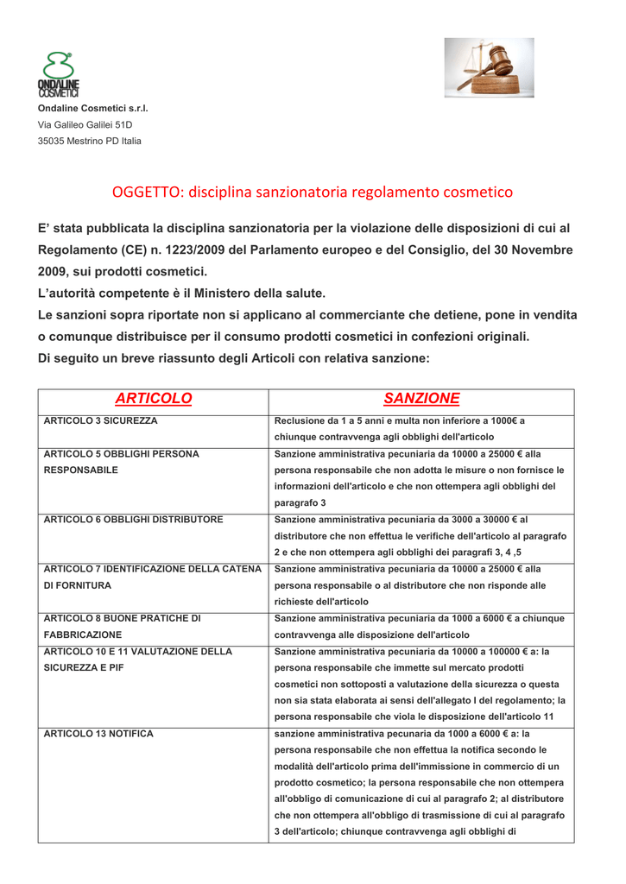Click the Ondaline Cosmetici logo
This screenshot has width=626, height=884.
click(x=58, y=75)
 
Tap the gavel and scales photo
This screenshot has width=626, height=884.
click(x=489, y=67)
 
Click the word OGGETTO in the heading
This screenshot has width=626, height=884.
click(x=149, y=192)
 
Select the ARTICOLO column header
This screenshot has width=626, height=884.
click(x=153, y=398)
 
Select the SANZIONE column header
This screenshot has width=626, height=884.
click(x=421, y=398)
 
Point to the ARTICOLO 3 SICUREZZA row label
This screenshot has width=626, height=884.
click(x=100, y=420)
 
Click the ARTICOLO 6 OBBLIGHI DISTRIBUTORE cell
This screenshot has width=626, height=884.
click(x=133, y=520)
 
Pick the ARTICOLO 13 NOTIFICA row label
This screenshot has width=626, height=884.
click(x=98, y=734)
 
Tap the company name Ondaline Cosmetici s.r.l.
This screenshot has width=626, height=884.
click(x=92, y=109)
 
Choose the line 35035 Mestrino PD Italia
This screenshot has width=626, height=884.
click(x=89, y=141)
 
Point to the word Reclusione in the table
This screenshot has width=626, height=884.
click(x=302, y=420)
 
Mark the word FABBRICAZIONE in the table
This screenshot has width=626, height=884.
click(x=83, y=635)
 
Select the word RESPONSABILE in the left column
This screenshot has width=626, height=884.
click(x=81, y=470)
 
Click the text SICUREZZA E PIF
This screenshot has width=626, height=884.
click(x=83, y=667)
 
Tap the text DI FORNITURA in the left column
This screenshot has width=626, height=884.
click(x=77, y=585)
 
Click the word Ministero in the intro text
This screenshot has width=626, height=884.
click(x=227, y=294)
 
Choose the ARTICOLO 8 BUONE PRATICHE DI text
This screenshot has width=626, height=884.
click(x=123, y=618)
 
